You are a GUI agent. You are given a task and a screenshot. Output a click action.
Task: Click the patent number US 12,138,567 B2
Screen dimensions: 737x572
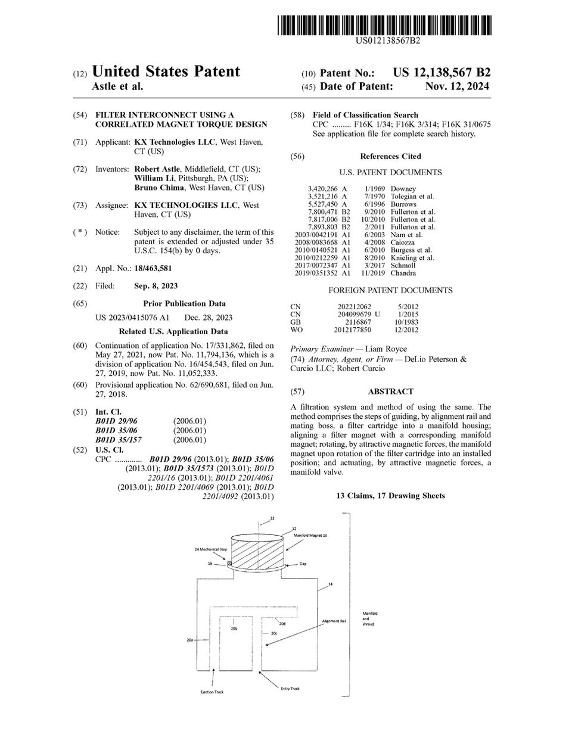(x=442, y=73)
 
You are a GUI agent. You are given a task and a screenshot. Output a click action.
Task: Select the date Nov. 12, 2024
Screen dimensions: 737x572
(x=458, y=86)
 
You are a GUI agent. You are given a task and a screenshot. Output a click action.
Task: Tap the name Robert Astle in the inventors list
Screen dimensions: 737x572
(x=157, y=169)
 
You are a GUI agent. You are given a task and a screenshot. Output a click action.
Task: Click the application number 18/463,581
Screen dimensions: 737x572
(x=153, y=269)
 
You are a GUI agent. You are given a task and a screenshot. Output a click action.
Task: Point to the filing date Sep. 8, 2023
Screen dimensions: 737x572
(x=156, y=286)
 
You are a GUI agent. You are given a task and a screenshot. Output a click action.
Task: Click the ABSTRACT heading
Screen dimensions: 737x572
(x=390, y=391)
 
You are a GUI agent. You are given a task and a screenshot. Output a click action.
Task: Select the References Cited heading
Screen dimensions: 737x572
(x=390, y=156)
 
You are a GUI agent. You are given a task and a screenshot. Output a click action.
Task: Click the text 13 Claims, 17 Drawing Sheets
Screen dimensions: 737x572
(x=390, y=496)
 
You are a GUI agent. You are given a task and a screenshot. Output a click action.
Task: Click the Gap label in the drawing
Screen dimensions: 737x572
(x=303, y=564)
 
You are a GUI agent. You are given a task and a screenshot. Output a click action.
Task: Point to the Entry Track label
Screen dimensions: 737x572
(x=290, y=689)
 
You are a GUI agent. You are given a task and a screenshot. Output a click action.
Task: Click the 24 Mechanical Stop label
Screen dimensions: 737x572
(x=211, y=549)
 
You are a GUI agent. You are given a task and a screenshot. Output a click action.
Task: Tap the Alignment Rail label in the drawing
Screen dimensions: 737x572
(x=334, y=621)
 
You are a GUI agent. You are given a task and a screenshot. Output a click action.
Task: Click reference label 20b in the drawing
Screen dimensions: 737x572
(x=234, y=627)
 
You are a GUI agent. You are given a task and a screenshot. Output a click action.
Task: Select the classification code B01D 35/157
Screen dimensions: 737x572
(x=119, y=440)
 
